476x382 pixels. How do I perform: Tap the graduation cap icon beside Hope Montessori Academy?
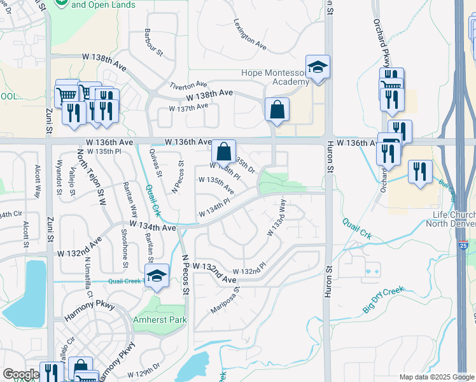pos(316,67)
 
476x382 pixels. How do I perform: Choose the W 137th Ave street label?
pos(188,107)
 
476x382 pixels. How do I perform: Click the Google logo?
pos(21,374)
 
